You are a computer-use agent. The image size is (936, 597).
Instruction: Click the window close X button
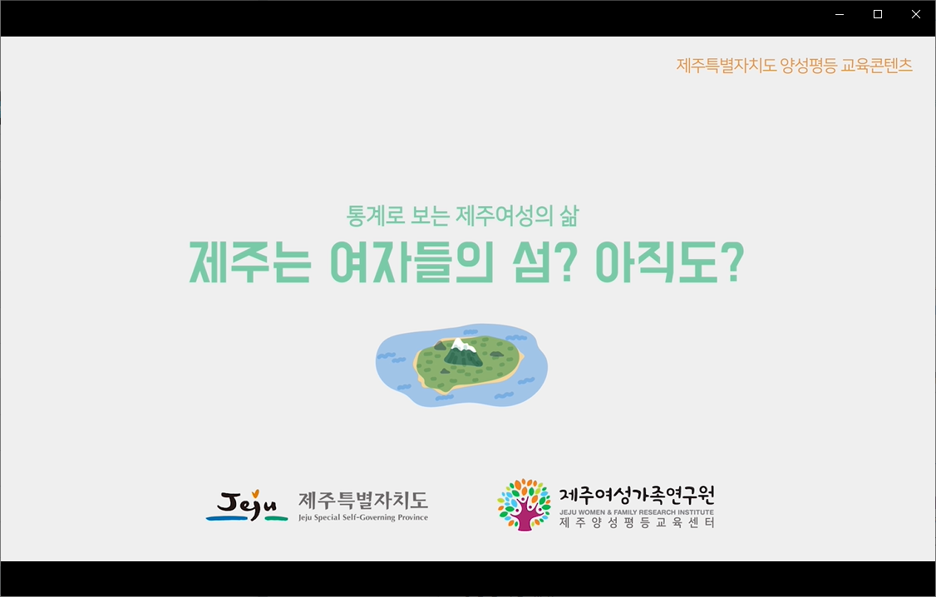916,14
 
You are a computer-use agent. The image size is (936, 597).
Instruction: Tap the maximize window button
878,14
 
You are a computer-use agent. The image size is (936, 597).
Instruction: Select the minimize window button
840,14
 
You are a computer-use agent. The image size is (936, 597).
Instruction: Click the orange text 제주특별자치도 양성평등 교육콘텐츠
795,65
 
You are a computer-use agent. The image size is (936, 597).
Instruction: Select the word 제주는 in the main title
250,262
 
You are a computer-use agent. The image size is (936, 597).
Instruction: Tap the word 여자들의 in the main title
411,262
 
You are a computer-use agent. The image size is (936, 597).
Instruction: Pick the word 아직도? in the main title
670,262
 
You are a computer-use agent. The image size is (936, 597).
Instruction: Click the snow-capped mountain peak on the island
461,345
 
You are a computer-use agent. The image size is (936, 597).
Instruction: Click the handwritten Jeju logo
247,506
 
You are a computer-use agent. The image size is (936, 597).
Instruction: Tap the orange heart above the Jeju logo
255,494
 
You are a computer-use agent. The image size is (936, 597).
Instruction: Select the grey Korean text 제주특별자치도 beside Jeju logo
363,501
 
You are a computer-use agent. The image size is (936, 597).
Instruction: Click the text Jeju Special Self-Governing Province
363,517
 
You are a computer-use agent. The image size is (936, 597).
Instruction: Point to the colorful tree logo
525,505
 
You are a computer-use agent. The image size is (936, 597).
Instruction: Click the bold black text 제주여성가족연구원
637,496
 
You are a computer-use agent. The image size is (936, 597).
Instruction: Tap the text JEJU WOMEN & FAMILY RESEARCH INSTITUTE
637,512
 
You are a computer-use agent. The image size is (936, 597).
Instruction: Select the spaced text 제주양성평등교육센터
637,523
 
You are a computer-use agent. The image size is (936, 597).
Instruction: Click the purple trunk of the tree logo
525,517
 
